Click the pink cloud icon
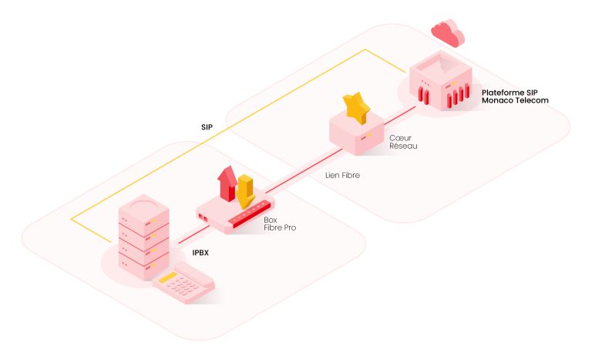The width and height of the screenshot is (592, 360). [x=448, y=32]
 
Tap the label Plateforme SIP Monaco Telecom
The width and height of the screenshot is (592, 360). [x=514, y=96]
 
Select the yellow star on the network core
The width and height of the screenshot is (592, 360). [x=355, y=108]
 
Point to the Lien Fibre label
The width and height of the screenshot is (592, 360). [x=341, y=175]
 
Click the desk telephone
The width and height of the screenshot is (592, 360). [x=183, y=282]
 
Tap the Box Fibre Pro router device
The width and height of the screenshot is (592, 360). [x=234, y=214]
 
